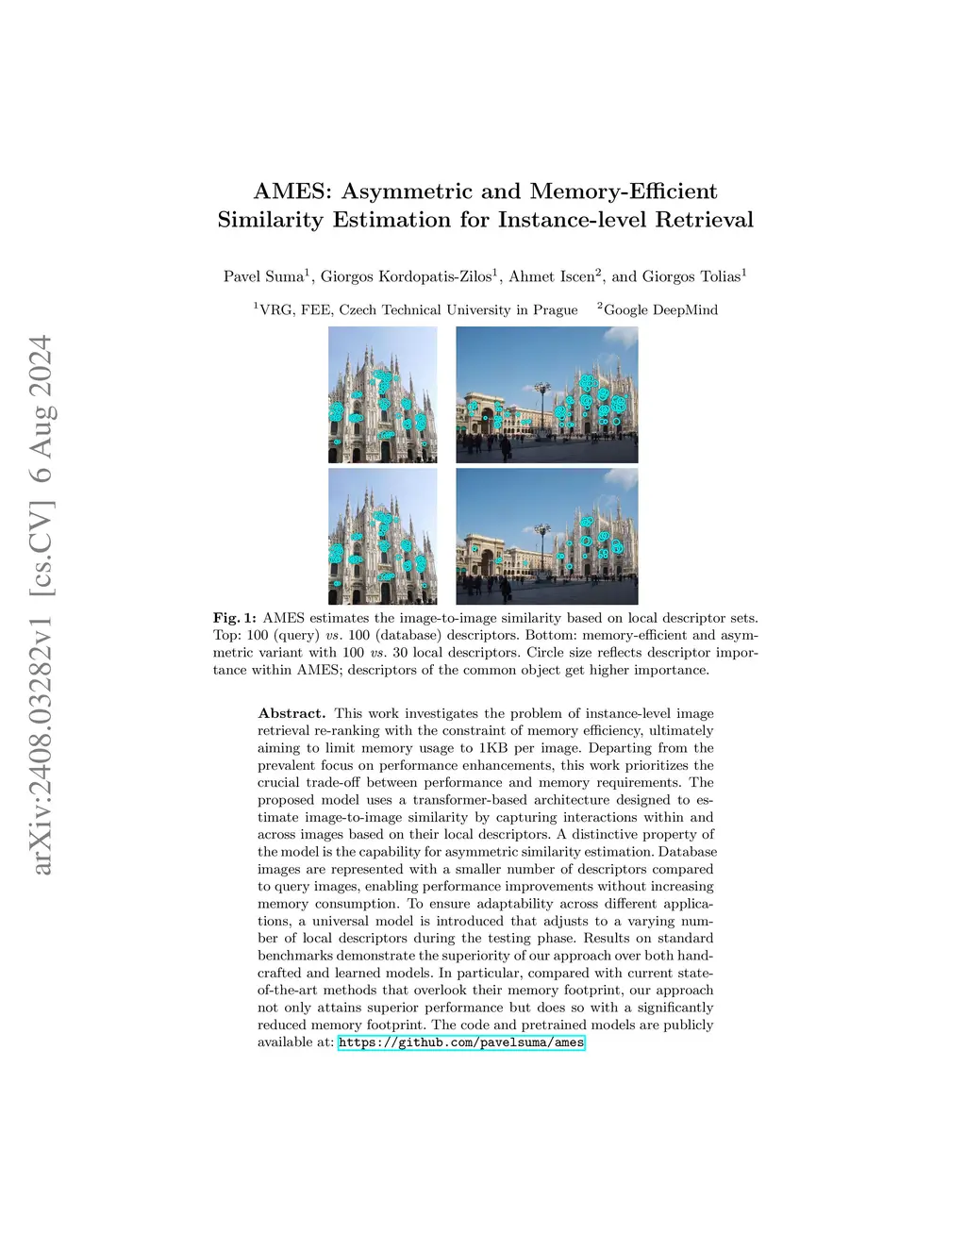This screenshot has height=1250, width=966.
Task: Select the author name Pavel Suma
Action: pos(263,276)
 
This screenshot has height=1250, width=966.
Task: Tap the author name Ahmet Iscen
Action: pos(551,276)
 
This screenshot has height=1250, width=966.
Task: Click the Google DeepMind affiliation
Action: pos(660,309)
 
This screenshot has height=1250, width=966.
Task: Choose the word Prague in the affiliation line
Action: pos(556,310)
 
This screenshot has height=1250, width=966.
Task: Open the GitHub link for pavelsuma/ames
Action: pos(461,1042)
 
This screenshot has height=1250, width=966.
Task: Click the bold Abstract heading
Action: pos(291,713)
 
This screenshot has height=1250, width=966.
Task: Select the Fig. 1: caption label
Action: pos(235,618)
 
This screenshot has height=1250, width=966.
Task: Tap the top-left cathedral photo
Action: pos(382,394)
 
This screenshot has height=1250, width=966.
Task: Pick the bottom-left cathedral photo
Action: pos(382,537)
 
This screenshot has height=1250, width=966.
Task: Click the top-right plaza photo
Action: pos(546,394)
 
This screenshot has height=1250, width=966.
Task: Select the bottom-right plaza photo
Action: pos(546,537)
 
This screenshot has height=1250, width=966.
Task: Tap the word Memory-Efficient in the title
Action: pos(624,192)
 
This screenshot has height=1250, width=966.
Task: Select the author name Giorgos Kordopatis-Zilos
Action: pos(406,276)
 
